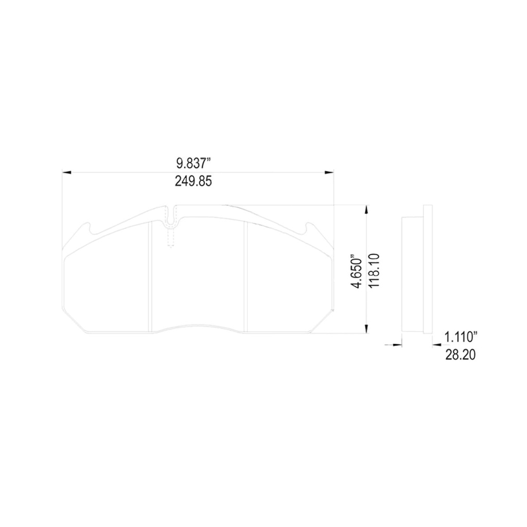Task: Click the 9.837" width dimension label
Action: (194, 164)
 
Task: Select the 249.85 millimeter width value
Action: (194, 182)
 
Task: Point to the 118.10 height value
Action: (374, 271)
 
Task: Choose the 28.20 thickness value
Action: (460, 355)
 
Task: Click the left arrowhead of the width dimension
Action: (66, 173)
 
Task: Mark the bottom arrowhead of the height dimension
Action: (366, 329)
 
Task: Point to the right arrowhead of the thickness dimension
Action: (436, 345)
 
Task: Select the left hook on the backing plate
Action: (88, 227)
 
